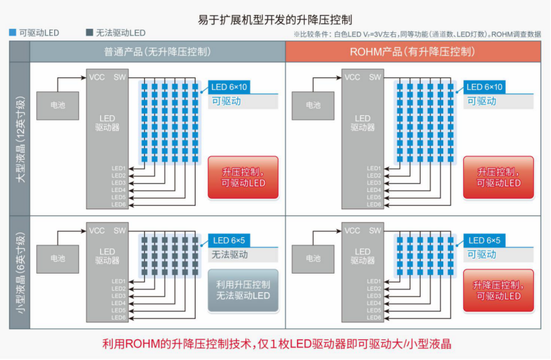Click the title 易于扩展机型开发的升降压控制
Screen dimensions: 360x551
(x=275, y=19)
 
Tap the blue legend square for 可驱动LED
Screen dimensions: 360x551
(x=12, y=33)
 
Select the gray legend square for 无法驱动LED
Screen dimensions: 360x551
(x=90, y=33)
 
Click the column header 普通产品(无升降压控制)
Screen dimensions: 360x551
(x=157, y=51)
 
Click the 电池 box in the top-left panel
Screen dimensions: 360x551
(x=58, y=106)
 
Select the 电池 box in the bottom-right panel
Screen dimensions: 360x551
(x=314, y=259)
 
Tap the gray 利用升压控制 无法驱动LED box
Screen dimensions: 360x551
(x=243, y=290)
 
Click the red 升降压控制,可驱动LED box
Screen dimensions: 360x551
(x=498, y=290)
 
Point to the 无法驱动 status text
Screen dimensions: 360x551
(x=230, y=255)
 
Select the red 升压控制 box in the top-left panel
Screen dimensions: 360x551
(x=243, y=178)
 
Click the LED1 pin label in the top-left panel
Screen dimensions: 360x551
(x=119, y=169)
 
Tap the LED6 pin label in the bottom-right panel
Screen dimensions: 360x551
(x=374, y=317)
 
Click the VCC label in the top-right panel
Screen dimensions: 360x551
(x=352, y=77)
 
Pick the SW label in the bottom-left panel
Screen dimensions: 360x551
(x=120, y=231)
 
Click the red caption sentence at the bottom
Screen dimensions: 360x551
(x=276, y=344)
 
